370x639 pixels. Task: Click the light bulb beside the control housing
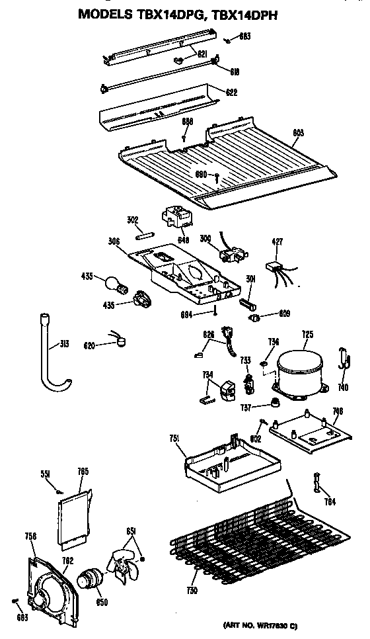pyautogui.click(x=112, y=283)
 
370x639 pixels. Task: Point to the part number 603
pyautogui.click(x=298, y=133)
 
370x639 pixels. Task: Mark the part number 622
pyautogui.click(x=231, y=92)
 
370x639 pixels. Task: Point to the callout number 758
pyautogui.click(x=30, y=536)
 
